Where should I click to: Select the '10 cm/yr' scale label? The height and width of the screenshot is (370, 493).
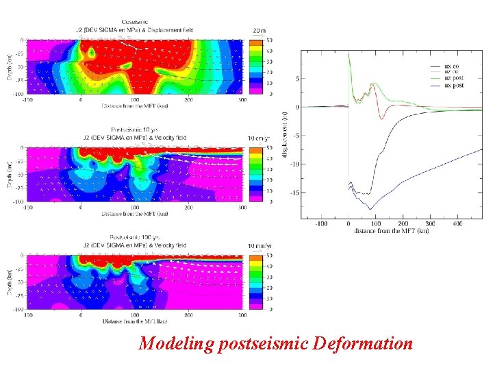point(258,138)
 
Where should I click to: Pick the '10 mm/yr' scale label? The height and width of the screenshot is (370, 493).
point(258,246)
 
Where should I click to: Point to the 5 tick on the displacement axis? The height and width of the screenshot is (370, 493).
point(298,79)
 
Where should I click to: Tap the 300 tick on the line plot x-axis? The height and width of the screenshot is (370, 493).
point(429,224)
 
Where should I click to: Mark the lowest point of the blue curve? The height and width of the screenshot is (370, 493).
point(370,208)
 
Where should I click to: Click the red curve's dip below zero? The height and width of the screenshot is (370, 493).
point(382,119)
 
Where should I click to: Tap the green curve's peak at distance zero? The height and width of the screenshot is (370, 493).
point(349,54)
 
